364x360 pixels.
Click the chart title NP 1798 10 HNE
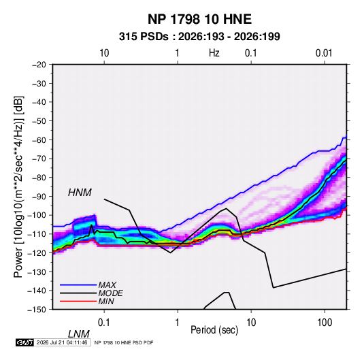(199, 19)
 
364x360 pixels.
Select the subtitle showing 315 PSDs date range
(199, 37)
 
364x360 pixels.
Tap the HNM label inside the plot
(80, 193)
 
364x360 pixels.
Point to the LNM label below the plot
(79, 334)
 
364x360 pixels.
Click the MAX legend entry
(107, 285)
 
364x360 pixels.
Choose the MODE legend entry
(110, 293)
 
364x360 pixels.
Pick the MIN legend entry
(106, 301)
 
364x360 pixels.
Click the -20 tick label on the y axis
(39, 65)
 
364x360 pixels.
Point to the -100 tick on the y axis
(37, 215)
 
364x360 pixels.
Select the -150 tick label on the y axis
(37, 310)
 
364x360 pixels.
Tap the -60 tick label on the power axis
(39, 140)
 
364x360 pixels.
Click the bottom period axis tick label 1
(178, 323)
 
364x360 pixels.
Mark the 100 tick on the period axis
(325, 323)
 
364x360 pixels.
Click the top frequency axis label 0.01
(324, 53)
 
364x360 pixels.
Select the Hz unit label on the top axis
(214, 53)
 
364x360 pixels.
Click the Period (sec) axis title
(214, 330)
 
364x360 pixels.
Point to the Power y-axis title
(18, 187)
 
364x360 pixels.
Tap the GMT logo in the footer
(25, 342)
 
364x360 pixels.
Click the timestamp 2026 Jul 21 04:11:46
(62, 342)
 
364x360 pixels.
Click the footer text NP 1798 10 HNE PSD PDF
(124, 342)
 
